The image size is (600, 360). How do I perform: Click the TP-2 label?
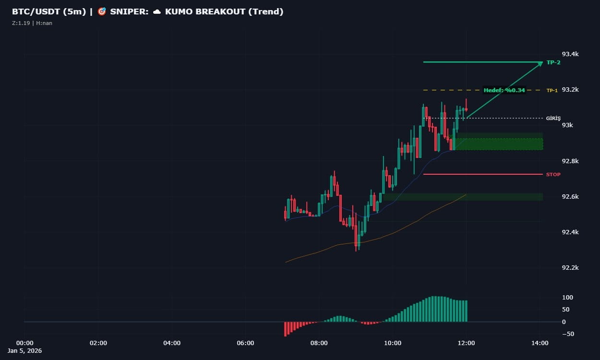point(553,62)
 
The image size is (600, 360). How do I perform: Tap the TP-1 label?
point(552,90)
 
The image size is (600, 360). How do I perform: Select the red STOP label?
point(553,174)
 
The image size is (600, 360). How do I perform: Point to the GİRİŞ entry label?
point(553,118)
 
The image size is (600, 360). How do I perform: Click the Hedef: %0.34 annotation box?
point(504,90)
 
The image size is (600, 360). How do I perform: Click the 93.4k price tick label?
point(570,54)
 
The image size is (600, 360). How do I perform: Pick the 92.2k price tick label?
point(570,268)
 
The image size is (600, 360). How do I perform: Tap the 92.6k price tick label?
point(570,197)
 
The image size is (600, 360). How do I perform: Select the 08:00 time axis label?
point(319,343)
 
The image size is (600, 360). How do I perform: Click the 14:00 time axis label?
point(540,343)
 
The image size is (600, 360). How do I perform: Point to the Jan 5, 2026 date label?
point(25,351)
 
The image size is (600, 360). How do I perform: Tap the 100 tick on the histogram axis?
point(567,297)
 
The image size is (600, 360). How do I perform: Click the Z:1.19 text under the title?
point(21,23)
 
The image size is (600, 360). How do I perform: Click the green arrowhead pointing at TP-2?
point(540,63)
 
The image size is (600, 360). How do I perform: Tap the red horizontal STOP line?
point(480,174)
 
